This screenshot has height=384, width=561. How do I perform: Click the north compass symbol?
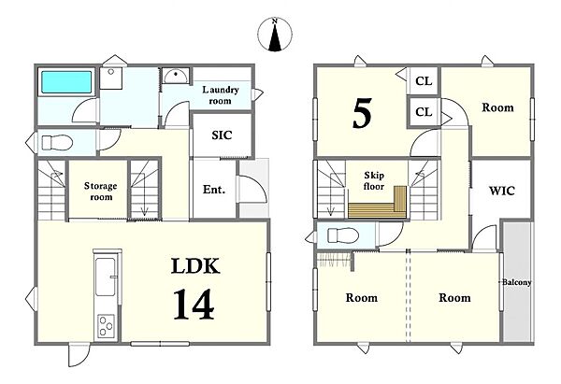point(275,35)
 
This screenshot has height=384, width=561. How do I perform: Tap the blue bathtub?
point(66,82)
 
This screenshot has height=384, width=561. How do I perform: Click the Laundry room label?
point(221,95)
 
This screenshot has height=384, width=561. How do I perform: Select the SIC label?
point(222,135)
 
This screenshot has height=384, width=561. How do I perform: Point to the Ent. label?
point(214,189)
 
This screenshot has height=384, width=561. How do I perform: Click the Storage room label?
point(101,192)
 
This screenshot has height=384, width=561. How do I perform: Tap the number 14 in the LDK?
point(194,305)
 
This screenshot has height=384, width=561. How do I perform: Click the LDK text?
point(195,266)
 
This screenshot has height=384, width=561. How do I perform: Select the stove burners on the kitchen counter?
point(107,325)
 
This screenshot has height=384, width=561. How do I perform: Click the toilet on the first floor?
point(57,142)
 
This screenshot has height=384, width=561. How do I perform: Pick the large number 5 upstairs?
point(362,113)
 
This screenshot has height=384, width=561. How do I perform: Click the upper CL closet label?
point(424,81)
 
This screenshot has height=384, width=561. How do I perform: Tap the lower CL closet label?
point(424,112)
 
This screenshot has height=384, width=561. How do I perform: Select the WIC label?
point(501,191)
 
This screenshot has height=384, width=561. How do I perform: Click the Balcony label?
point(516,282)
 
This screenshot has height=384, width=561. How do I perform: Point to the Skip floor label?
point(374,180)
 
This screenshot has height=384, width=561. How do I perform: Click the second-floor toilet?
point(343,235)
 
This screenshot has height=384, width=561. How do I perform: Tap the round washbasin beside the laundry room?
point(176,76)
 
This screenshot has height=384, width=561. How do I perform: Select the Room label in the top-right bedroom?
point(497,107)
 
